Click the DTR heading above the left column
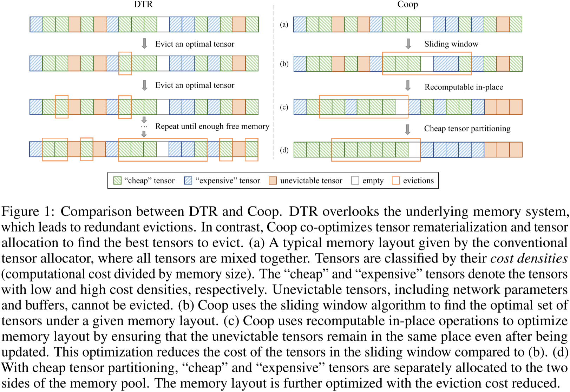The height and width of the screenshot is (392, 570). pos(143,4)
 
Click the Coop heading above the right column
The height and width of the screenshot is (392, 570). pos(407,4)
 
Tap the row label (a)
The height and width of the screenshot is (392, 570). pos(284,24)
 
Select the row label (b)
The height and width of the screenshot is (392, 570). pos(284,64)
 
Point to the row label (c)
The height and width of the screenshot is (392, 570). pos(284,107)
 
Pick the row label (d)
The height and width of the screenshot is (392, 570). pos(284,150)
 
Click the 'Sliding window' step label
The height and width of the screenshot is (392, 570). pos(451,44)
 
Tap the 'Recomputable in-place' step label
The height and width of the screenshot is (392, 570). pos(464,87)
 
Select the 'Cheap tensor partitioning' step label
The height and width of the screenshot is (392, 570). pos(467,129)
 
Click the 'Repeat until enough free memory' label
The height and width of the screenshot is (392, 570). pos(212,126)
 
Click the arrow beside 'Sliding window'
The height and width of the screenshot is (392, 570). pos(408,44)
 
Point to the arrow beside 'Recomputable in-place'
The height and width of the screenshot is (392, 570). pos(408,85)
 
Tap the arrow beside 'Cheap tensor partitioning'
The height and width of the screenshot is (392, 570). pos(408,129)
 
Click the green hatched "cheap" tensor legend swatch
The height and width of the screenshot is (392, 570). pos(117,181)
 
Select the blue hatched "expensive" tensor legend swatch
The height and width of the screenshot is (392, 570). pos(188,181)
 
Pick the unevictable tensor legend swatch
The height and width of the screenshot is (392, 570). pos(273,181)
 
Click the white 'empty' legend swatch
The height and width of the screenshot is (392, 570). pos(355,181)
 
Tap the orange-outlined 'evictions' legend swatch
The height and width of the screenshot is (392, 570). pos(396,181)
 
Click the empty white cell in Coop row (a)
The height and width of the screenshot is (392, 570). pos(427,24)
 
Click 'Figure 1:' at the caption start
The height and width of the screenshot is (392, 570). pos(28,211)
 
